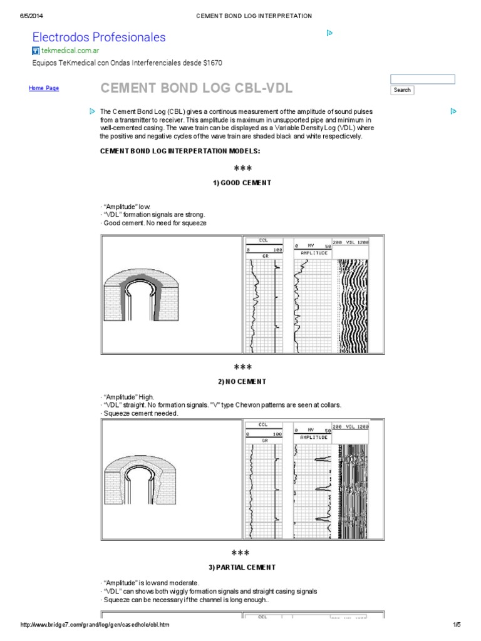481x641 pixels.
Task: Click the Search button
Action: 402,90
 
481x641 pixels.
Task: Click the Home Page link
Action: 44,88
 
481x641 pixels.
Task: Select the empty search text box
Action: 422,79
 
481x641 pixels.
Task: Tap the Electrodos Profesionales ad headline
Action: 99,38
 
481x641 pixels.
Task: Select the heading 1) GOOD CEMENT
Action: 242,183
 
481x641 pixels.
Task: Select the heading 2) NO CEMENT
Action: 242,381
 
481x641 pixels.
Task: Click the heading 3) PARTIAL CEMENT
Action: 242,567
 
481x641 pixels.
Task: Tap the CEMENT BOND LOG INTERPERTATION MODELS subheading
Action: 180,151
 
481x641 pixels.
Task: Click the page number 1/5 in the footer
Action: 456,625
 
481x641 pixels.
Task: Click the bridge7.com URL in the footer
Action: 95,625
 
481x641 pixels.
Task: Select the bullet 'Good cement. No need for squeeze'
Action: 153,223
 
